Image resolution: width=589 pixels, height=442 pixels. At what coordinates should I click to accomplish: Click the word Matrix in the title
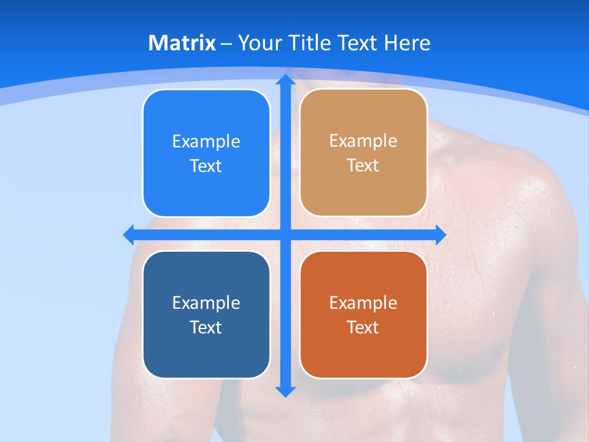click(x=182, y=43)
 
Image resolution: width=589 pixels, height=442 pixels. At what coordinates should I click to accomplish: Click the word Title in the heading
click(x=311, y=43)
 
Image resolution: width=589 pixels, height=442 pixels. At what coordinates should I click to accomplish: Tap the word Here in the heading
click(x=407, y=43)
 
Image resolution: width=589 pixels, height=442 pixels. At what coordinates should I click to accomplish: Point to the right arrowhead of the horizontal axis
click(x=441, y=235)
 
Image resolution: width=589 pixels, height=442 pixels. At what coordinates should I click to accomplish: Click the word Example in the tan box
click(x=363, y=141)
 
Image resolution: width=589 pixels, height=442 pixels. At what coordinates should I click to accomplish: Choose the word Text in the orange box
click(x=363, y=327)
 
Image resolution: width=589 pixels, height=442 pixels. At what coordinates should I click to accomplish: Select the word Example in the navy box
click(x=206, y=303)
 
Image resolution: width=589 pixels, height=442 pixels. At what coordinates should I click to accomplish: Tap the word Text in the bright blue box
click(x=206, y=166)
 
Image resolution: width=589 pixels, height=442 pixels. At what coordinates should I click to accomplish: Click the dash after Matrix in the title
click(x=226, y=44)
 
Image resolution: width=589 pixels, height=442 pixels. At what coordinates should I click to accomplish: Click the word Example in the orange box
click(x=363, y=303)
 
